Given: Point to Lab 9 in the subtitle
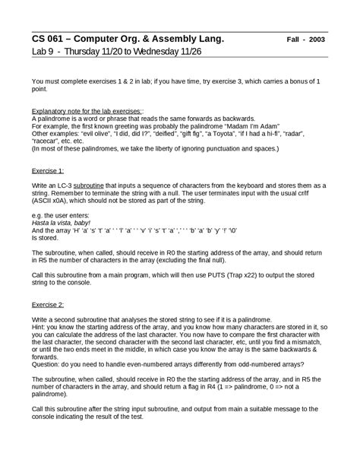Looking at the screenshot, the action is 45,52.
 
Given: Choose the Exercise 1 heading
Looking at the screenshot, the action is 47,171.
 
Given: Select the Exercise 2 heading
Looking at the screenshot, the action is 47,304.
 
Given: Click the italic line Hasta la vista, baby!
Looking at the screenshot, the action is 64,223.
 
